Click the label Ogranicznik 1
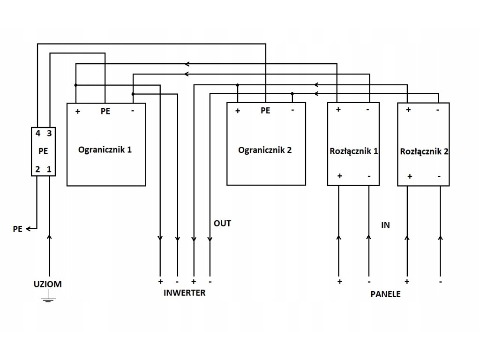pos(105,150)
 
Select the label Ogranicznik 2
pos(265,150)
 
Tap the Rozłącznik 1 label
pos(353,151)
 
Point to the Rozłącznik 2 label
pos(425,152)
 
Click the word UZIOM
pos(47,284)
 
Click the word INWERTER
pos(184,293)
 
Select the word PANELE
pos(386,295)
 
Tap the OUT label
pos(222,223)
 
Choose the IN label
pos(385,225)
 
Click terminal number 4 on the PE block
pos(37,134)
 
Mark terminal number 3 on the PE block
pos(49,134)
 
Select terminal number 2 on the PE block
pos(37,169)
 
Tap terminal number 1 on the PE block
pos(49,169)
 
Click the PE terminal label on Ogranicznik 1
pos(105,112)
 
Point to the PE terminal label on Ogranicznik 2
pos(265,111)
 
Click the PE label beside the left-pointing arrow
pos(18,229)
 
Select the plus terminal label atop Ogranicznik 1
pos(77,112)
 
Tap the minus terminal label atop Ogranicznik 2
pos(292,111)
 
